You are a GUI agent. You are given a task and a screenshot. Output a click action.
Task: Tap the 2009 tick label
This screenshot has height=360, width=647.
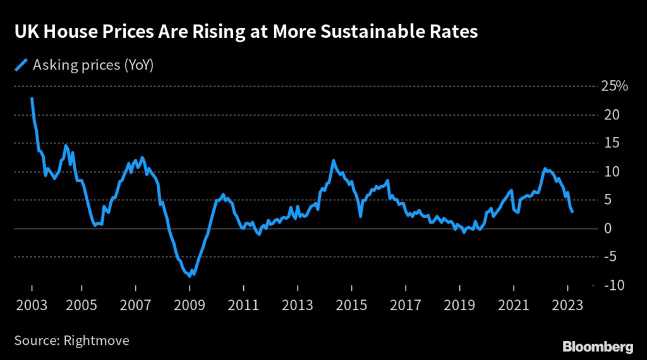[189, 305]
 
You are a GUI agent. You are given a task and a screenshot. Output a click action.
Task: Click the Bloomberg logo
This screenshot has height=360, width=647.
[598, 346]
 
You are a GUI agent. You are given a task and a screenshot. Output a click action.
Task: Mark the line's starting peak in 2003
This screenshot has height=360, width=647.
[32, 99]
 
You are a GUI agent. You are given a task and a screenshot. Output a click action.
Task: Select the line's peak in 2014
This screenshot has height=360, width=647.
[333, 160]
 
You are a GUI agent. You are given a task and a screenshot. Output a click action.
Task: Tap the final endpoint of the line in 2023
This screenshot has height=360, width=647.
[572, 212]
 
